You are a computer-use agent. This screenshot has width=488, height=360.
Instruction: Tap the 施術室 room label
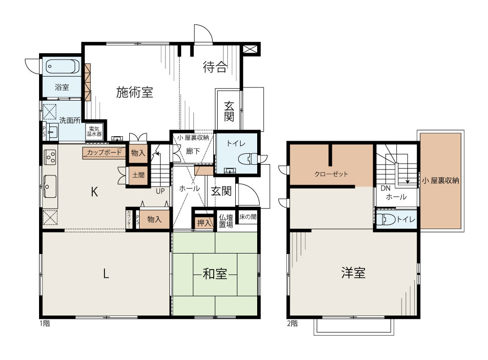point(135,92)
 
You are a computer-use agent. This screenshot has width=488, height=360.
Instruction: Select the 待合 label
point(215,67)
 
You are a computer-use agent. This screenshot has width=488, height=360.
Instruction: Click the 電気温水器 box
point(94,132)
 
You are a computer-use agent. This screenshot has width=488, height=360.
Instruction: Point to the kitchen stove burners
point(50,157)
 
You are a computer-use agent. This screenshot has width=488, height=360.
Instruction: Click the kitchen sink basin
point(50,186)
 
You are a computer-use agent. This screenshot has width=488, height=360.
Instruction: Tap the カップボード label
point(104,152)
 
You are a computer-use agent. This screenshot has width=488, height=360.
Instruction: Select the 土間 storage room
point(138,175)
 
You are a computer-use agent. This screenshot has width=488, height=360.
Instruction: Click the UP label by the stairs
point(160,191)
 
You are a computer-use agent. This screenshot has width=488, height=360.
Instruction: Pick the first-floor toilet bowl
point(248,159)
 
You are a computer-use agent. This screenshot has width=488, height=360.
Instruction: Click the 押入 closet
point(204,223)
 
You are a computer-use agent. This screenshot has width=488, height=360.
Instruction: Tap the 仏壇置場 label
point(226,221)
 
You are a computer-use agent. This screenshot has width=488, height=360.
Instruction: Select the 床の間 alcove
point(248,217)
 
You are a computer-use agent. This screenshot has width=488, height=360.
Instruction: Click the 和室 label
point(215,275)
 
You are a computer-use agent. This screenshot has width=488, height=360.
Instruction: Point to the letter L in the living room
point(106,274)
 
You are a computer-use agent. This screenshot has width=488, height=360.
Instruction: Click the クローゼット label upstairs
point(331,174)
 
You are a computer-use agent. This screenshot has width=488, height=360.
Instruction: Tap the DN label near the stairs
point(386,189)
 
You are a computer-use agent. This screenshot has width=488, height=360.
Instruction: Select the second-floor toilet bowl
point(386,219)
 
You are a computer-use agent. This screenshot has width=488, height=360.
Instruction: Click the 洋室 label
point(353,273)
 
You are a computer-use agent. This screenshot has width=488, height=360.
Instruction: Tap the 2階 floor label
point(292,323)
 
